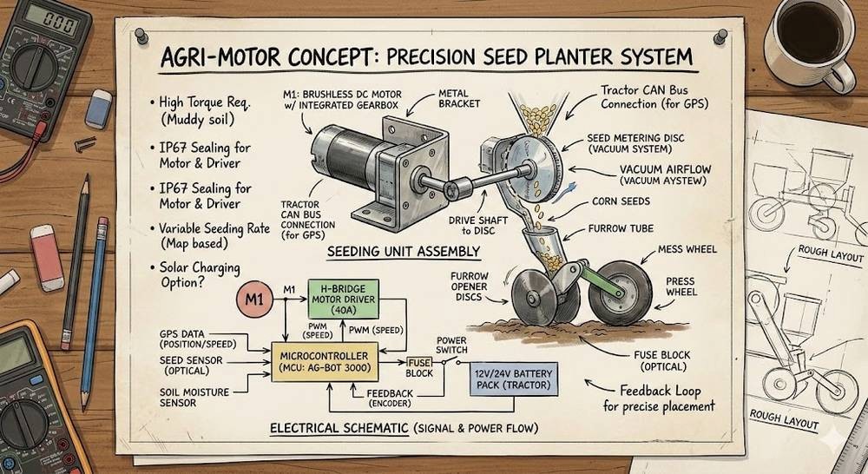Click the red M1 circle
(x=254, y=300)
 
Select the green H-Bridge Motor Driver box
(x=343, y=299)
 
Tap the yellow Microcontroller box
(x=325, y=362)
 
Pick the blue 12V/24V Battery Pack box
(x=513, y=379)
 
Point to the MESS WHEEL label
(x=687, y=249)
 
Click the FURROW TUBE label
(x=621, y=228)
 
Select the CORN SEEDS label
(x=621, y=201)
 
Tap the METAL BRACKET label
(x=459, y=99)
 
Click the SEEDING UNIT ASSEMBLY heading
(x=403, y=252)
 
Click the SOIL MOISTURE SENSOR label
(x=194, y=397)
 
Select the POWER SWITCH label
(x=451, y=345)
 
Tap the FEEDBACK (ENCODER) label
(x=390, y=398)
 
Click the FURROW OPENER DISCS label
(x=469, y=286)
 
